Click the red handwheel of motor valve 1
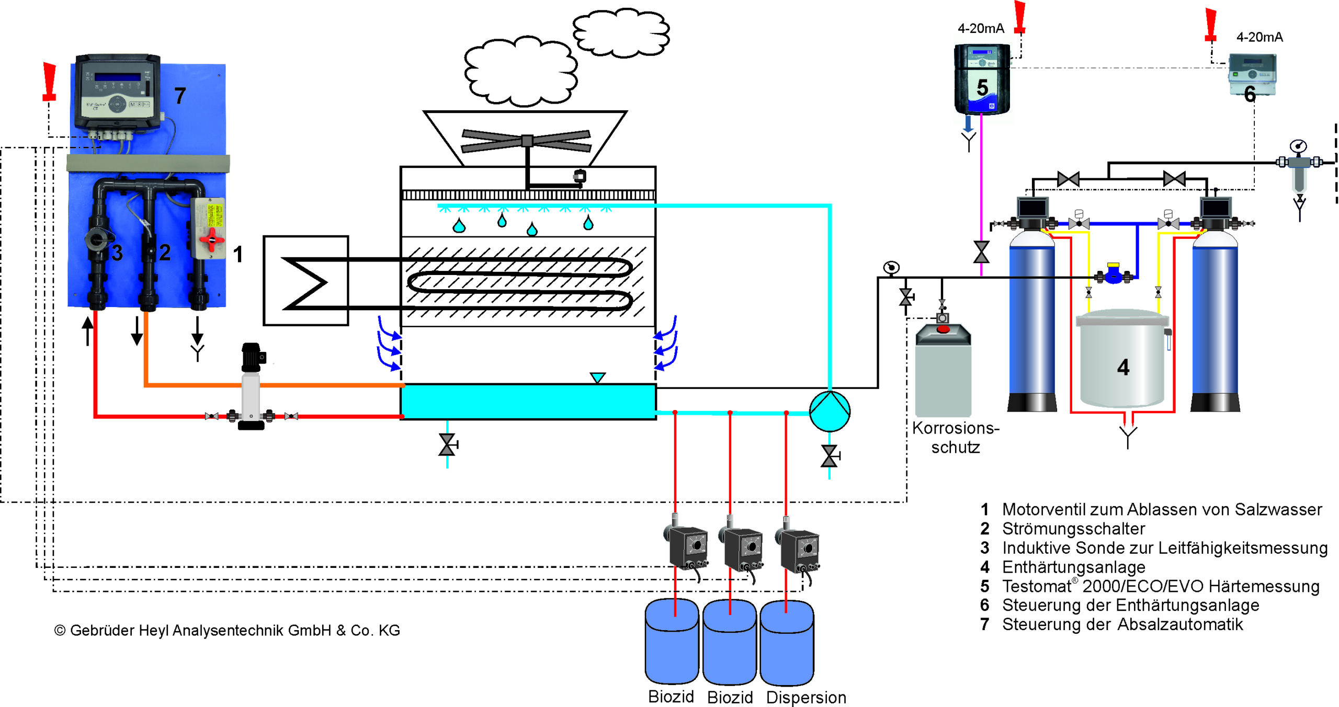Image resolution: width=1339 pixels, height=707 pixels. pos(211,240)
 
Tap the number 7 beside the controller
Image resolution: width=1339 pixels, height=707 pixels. pos(180,96)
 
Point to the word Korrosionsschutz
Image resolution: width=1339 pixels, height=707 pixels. pos(955,437)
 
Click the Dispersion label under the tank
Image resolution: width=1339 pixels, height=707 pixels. pos(805,697)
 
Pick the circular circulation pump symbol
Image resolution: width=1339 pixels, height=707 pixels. pos(830,411)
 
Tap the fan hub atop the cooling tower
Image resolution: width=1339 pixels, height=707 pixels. pos(527,140)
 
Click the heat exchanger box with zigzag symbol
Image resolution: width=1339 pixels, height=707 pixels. pos(305,281)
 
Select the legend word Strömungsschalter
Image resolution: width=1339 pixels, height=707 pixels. pos(1073,529)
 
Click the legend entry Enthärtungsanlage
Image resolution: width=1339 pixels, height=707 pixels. pos(1073,567)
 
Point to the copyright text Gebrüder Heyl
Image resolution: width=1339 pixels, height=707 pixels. pos(227,630)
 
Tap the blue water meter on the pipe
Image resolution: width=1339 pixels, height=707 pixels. pos(1113,274)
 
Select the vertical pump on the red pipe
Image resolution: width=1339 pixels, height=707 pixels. pos(251,387)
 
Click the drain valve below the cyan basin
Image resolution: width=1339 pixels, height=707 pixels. pos(447,445)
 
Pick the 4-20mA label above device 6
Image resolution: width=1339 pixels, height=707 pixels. pos(1259,37)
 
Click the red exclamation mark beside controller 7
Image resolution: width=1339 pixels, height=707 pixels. pos(49,81)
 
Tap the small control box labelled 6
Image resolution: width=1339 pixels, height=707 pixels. pos(1252,75)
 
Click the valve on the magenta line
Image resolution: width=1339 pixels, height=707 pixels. pos(981,252)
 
